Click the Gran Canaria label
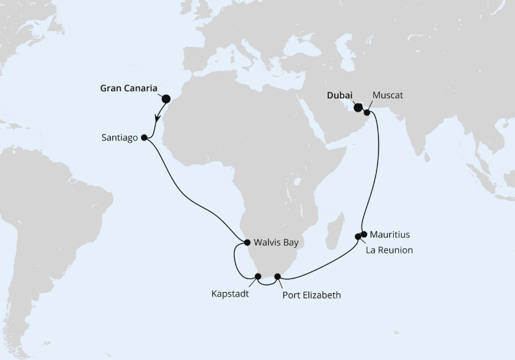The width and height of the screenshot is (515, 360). pyautogui.click(x=130, y=88)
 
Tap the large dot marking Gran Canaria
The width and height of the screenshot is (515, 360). pyautogui.click(x=166, y=99)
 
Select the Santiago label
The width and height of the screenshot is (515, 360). pyautogui.click(x=120, y=137)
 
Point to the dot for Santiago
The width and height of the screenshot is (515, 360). pyautogui.click(x=144, y=137)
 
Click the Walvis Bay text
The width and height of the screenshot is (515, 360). pyautogui.click(x=277, y=243)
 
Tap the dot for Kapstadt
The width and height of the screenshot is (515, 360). pyautogui.click(x=258, y=277)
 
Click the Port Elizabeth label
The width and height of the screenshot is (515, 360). pyautogui.click(x=312, y=295)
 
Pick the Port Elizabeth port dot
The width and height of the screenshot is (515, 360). pyautogui.click(x=278, y=277)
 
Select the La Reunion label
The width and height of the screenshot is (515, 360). pyautogui.click(x=389, y=250)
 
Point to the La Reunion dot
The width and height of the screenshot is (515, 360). pyautogui.click(x=358, y=237)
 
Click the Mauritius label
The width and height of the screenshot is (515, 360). pyautogui.click(x=390, y=235)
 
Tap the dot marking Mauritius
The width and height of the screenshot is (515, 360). pyautogui.click(x=364, y=234)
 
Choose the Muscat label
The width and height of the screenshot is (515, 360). pyautogui.click(x=388, y=96)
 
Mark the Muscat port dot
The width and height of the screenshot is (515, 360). pyautogui.click(x=367, y=113)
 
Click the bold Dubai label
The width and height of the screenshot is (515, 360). pyautogui.click(x=340, y=96)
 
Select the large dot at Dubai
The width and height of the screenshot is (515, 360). pyautogui.click(x=358, y=108)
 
